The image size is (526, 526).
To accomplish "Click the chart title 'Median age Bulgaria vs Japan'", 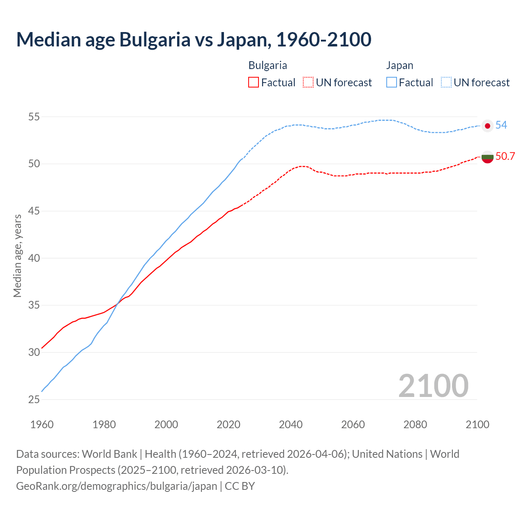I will (194, 39).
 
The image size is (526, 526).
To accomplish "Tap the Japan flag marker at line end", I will (487, 126).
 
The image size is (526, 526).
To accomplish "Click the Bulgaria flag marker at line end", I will (487, 157).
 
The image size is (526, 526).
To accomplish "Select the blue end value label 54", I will (501, 125).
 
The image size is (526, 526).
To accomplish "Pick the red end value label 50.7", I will (505, 156).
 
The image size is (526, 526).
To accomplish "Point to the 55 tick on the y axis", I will (34, 117).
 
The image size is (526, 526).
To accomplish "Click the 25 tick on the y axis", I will (34, 399).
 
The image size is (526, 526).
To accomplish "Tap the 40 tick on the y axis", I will (34, 258).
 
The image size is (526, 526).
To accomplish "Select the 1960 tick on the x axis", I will (42, 424).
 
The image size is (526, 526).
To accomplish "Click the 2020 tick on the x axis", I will (228, 424).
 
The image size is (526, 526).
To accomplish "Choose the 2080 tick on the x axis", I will (415, 424).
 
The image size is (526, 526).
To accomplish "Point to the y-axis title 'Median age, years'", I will (17, 256).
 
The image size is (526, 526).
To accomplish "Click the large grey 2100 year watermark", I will (433, 385).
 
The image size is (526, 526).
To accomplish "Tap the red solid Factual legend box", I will (254, 83).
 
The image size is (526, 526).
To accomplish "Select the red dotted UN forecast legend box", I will (308, 83).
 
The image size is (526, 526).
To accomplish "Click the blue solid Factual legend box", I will (392, 83).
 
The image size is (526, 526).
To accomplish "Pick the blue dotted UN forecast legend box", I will (446, 83).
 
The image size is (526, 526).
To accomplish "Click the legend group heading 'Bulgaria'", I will (268, 65).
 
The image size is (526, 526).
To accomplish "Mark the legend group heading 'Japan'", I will (399, 65).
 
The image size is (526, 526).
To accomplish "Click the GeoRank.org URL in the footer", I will (116, 486).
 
